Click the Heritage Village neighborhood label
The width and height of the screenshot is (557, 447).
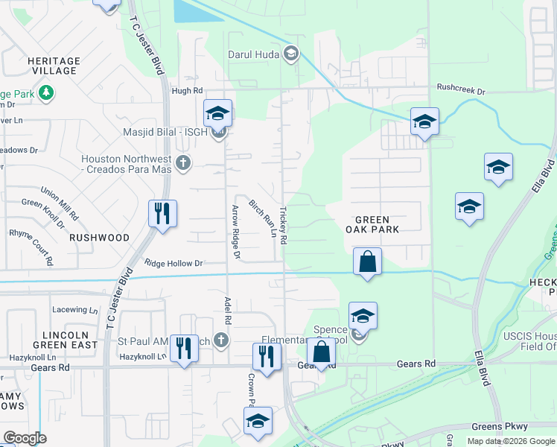[x=53, y=66]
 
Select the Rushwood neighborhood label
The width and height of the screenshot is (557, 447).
[x=99, y=238]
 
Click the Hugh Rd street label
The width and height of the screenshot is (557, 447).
[x=187, y=91]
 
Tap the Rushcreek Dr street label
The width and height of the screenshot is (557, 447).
[x=461, y=91]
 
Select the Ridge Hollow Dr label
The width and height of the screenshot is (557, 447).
[x=174, y=263]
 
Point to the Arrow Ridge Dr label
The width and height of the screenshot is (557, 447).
[x=236, y=232]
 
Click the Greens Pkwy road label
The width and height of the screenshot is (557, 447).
[x=500, y=427]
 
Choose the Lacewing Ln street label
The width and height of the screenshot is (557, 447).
[x=75, y=309]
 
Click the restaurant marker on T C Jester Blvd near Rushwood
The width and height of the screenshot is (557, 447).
[x=162, y=214]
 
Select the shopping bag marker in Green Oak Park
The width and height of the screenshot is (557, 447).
[x=367, y=261]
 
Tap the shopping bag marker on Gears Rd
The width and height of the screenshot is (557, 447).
[x=321, y=354]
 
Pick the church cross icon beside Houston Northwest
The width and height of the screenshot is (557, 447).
[x=184, y=162]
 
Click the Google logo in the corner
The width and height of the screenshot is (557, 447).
[x=25, y=438]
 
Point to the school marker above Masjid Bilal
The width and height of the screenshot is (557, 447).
[x=217, y=113]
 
